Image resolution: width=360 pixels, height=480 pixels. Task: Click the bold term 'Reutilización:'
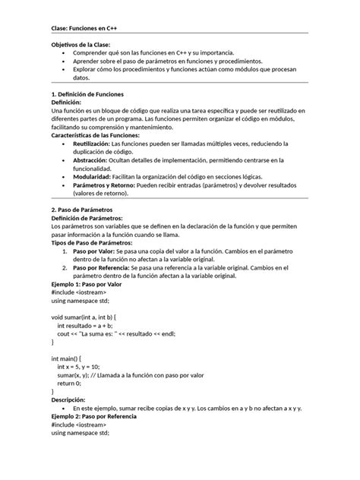[90, 143]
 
